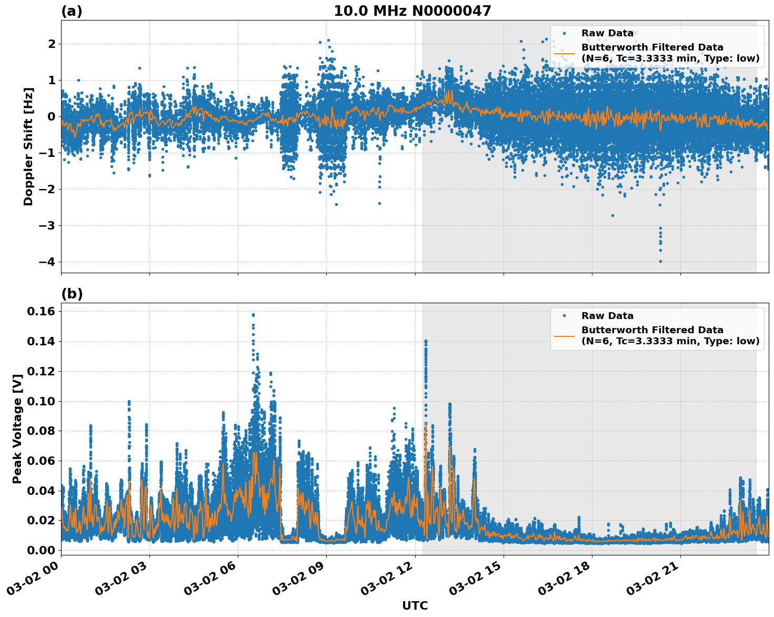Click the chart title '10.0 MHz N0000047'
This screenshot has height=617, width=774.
click(x=412, y=11)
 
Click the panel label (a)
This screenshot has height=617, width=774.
click(x=72, y=11)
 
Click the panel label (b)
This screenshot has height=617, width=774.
click(x=72, y=294)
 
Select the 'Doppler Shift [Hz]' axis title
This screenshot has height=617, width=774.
click(x=28, y=146)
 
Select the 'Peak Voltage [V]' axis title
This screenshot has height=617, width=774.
click(x=17, y=429)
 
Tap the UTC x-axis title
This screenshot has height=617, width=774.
click(x=415, y=605)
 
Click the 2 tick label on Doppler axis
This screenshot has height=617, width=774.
click(x=52, y=44)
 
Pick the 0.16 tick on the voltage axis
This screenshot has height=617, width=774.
click(x=41, y=312)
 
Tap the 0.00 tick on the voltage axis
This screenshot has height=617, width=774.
click(x=41, y=550)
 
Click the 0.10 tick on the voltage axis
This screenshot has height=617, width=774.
click(x=41, y=401)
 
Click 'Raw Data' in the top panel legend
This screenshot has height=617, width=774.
click(x=607, y=33)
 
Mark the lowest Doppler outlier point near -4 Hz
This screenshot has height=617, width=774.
click(x=660, y=261)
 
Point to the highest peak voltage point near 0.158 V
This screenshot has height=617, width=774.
click(x=253, y=315)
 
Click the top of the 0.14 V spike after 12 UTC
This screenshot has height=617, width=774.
click(x=426, y=341)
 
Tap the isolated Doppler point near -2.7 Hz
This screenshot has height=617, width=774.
click(x=612, y=215)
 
